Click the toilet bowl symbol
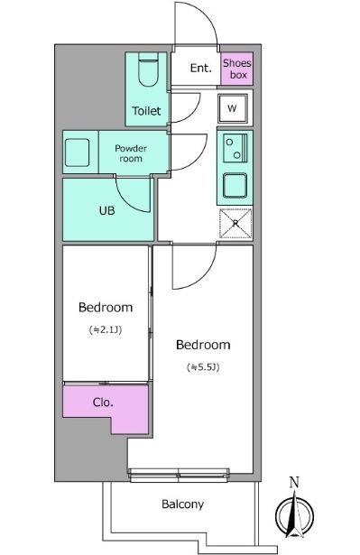[x=148, y=69]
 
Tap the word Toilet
[x=146, y=111]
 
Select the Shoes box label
[x=236, y=69]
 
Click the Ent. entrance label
[x=200, y=68]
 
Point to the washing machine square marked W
[x=233, y=108]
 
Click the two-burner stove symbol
[x=235, y=148]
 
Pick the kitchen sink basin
[x=235, y=186]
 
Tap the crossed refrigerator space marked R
[x=235, y=223]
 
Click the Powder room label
[x=131, y=153]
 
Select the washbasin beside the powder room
[x=78, y=153]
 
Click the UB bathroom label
[x=106, y=210]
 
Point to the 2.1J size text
[x=106, y=330]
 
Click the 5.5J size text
[x=203, y=367]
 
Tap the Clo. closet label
[x=103, y=402]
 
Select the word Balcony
[x=182, y=504]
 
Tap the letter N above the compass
[x=294, y=482]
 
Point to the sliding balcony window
[x=179, y=475]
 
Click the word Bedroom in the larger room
[x=203, y=345]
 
